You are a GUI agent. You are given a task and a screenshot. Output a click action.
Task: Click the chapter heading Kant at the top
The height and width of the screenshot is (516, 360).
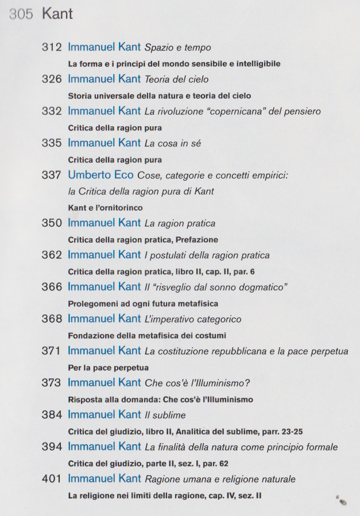coord(57,14)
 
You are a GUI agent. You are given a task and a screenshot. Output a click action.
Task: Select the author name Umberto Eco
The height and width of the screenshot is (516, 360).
coord(100,175)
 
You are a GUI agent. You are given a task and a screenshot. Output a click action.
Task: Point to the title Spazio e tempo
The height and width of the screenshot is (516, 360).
coord(178,48)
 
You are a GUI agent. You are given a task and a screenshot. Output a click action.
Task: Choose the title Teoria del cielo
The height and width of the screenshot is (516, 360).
coord(176,80)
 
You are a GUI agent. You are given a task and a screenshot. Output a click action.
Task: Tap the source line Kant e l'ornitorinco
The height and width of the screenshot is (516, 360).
coord(105,207)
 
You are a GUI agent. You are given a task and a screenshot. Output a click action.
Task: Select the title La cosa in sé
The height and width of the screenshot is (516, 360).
coord(174,143)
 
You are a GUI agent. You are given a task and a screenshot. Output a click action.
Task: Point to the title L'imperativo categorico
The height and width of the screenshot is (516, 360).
coord(193,319)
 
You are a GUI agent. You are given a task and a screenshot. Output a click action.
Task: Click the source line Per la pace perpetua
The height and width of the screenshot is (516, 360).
coord(108,367)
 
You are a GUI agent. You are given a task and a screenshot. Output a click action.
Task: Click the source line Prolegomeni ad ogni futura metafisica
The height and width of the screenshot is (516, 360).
coord(143,303)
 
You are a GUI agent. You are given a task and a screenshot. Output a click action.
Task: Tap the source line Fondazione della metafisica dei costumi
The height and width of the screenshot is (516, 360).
coord(147,335)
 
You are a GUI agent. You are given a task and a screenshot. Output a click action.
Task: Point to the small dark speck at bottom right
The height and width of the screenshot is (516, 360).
coord(342,501)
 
